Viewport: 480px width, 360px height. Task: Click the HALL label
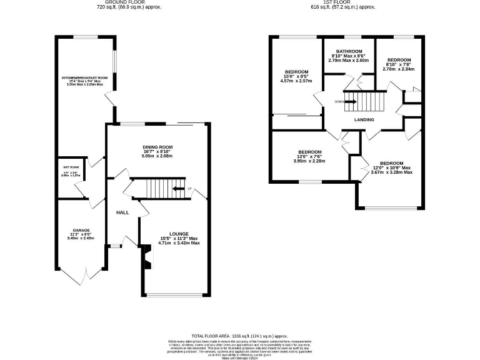coord(122,212)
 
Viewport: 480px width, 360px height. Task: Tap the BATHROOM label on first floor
coord(349,51)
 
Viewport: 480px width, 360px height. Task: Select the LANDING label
coord(364,119)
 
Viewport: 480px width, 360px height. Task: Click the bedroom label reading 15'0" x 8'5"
coord(296,72)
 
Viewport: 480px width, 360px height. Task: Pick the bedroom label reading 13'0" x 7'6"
coord(309,152)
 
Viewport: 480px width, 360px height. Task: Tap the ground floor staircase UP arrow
coord(179,188)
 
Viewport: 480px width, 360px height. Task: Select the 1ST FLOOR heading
coord(342,2)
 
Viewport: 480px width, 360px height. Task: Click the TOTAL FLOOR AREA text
coord(239,336)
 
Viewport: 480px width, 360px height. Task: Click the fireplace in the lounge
coord(147,256)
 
